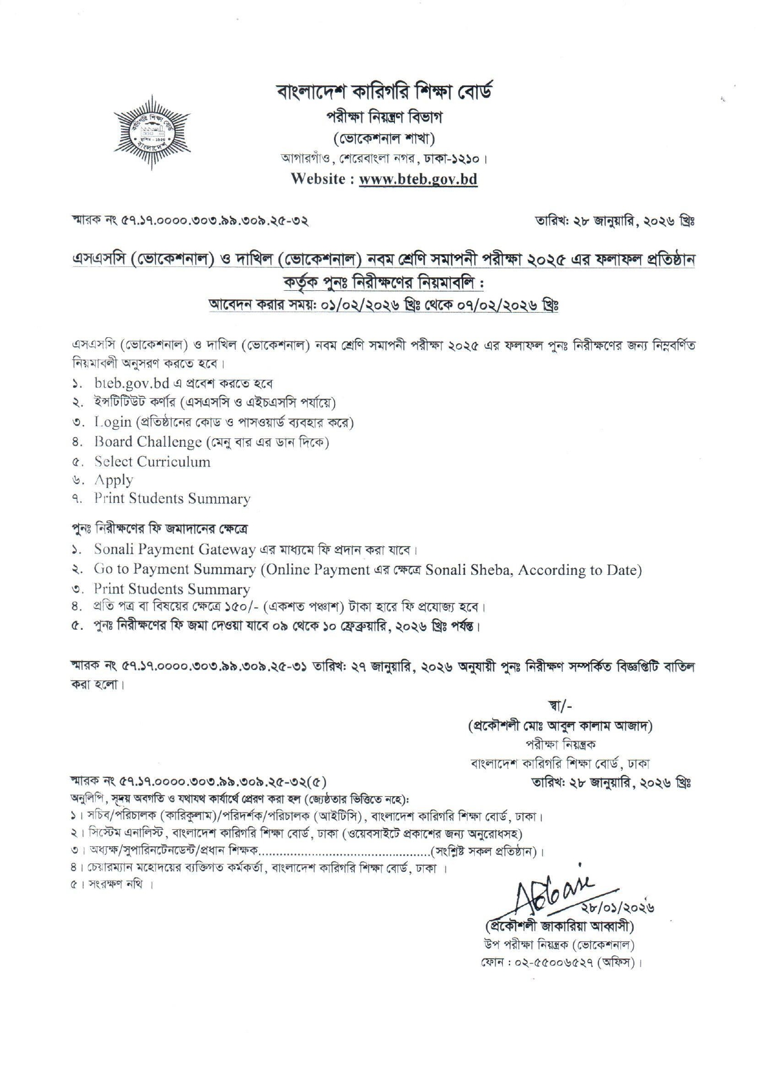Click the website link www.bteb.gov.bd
[418, 179]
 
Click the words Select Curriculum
[152, 462]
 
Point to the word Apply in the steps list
[113, 480]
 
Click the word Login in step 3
[113, 422]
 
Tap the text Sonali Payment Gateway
[174, 549]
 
